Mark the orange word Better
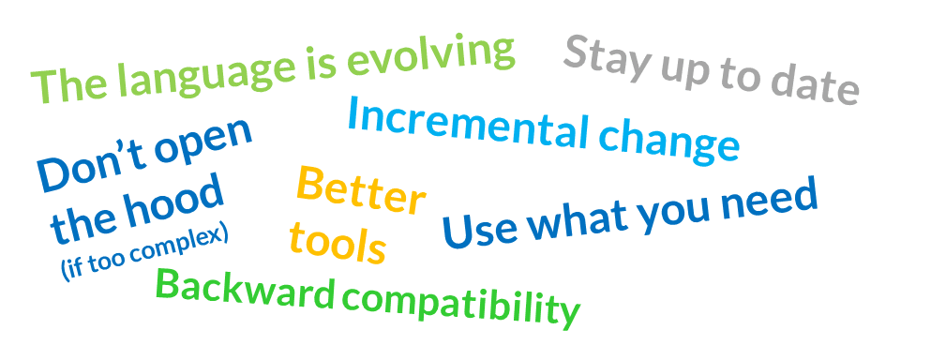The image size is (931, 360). (x=361, y=190)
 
